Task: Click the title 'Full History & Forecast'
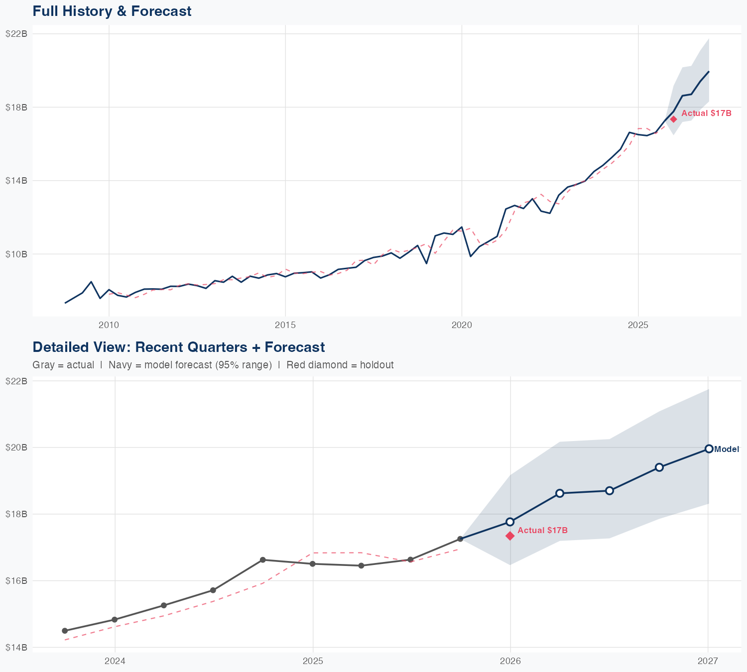click(x=112, y=11)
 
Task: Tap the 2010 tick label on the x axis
click(x=109, y=325)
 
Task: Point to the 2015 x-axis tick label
click(x=285, y=325)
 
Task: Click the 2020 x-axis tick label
click(x=462, y=325)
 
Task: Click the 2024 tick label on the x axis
click(x=115, y=661)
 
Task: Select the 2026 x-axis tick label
click(x=510, y=661)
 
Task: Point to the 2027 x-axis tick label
click(x=708, y=661)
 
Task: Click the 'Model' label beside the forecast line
click(x=727, y=449)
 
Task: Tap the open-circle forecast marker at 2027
click(x=709, y=448)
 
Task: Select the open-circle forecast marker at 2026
click(x=510, y=522)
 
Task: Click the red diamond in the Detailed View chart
click(x=510, y=536)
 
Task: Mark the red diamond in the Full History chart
click(x=673, y=119)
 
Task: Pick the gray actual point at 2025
click(x=313, y=563)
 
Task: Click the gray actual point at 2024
click(x=115, y=620)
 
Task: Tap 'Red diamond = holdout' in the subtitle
click(x=340, y=365)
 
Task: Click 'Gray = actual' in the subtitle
click(x=63, y=365)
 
